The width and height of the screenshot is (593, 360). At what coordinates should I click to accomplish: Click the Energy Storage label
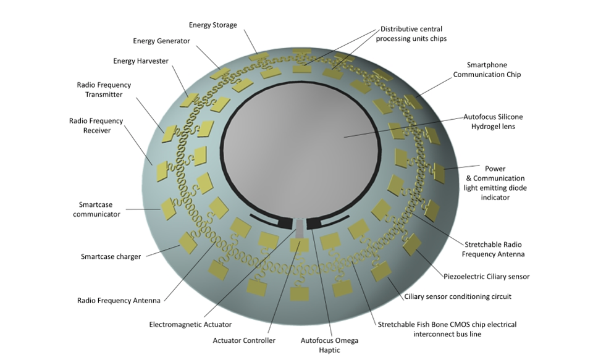(212, 25)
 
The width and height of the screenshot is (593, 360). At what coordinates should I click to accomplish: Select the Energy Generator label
(161, 41)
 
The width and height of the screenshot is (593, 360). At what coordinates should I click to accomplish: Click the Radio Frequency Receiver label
(96, 125)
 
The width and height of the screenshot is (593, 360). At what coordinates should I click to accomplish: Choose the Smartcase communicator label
(96, 209)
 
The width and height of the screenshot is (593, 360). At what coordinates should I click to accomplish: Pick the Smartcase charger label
(111, 256)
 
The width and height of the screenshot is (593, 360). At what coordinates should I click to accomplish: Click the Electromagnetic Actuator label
(190, 324)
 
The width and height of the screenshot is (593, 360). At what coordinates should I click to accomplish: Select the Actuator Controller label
(247, 340)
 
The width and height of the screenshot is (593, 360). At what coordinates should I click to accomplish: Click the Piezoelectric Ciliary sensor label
(487, 276)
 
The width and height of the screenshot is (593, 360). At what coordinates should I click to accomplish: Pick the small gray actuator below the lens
(300, 230)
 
